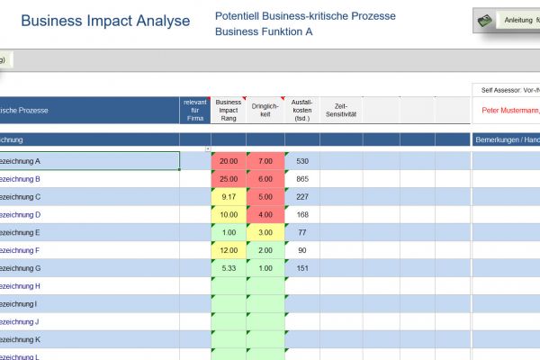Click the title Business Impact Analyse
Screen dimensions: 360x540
click(105, 21)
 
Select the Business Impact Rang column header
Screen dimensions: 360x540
click(229, 111)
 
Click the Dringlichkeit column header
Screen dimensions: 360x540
click(265, 111)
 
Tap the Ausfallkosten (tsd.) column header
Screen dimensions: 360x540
click(302, 111)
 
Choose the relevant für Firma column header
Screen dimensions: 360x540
click(195, 111)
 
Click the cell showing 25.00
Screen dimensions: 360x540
click(229, 179)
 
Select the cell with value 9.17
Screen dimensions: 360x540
click(229, 197)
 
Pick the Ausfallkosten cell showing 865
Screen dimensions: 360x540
click(302, 179)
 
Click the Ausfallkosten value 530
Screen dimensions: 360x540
click(302, 161)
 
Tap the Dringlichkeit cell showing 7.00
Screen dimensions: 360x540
click(265, 161)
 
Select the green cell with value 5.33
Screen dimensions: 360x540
click(229, 268)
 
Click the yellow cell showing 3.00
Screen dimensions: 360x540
click(265, 232)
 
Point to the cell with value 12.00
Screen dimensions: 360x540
click(229, 250)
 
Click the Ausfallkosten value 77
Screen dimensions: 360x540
click(302, 232)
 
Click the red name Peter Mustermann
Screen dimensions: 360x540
click(509, 111)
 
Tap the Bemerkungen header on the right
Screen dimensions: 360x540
click(506, 140)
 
